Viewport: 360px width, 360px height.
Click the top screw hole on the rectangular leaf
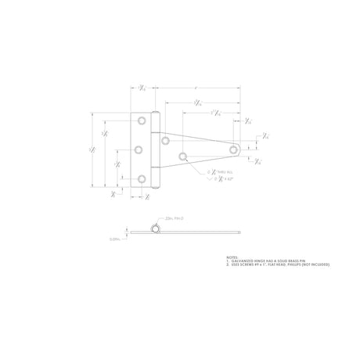[142, 121]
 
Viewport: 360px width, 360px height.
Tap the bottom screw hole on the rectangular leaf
[142, 178]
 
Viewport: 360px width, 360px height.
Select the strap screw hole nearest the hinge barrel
[167, 141]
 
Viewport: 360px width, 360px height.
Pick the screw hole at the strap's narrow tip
[232, 148]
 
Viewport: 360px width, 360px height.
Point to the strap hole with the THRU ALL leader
[182, 156]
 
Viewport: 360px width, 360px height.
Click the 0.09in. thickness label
[114, 239]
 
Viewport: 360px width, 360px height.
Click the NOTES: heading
[232, 257]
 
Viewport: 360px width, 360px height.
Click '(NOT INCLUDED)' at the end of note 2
[315, 265]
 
